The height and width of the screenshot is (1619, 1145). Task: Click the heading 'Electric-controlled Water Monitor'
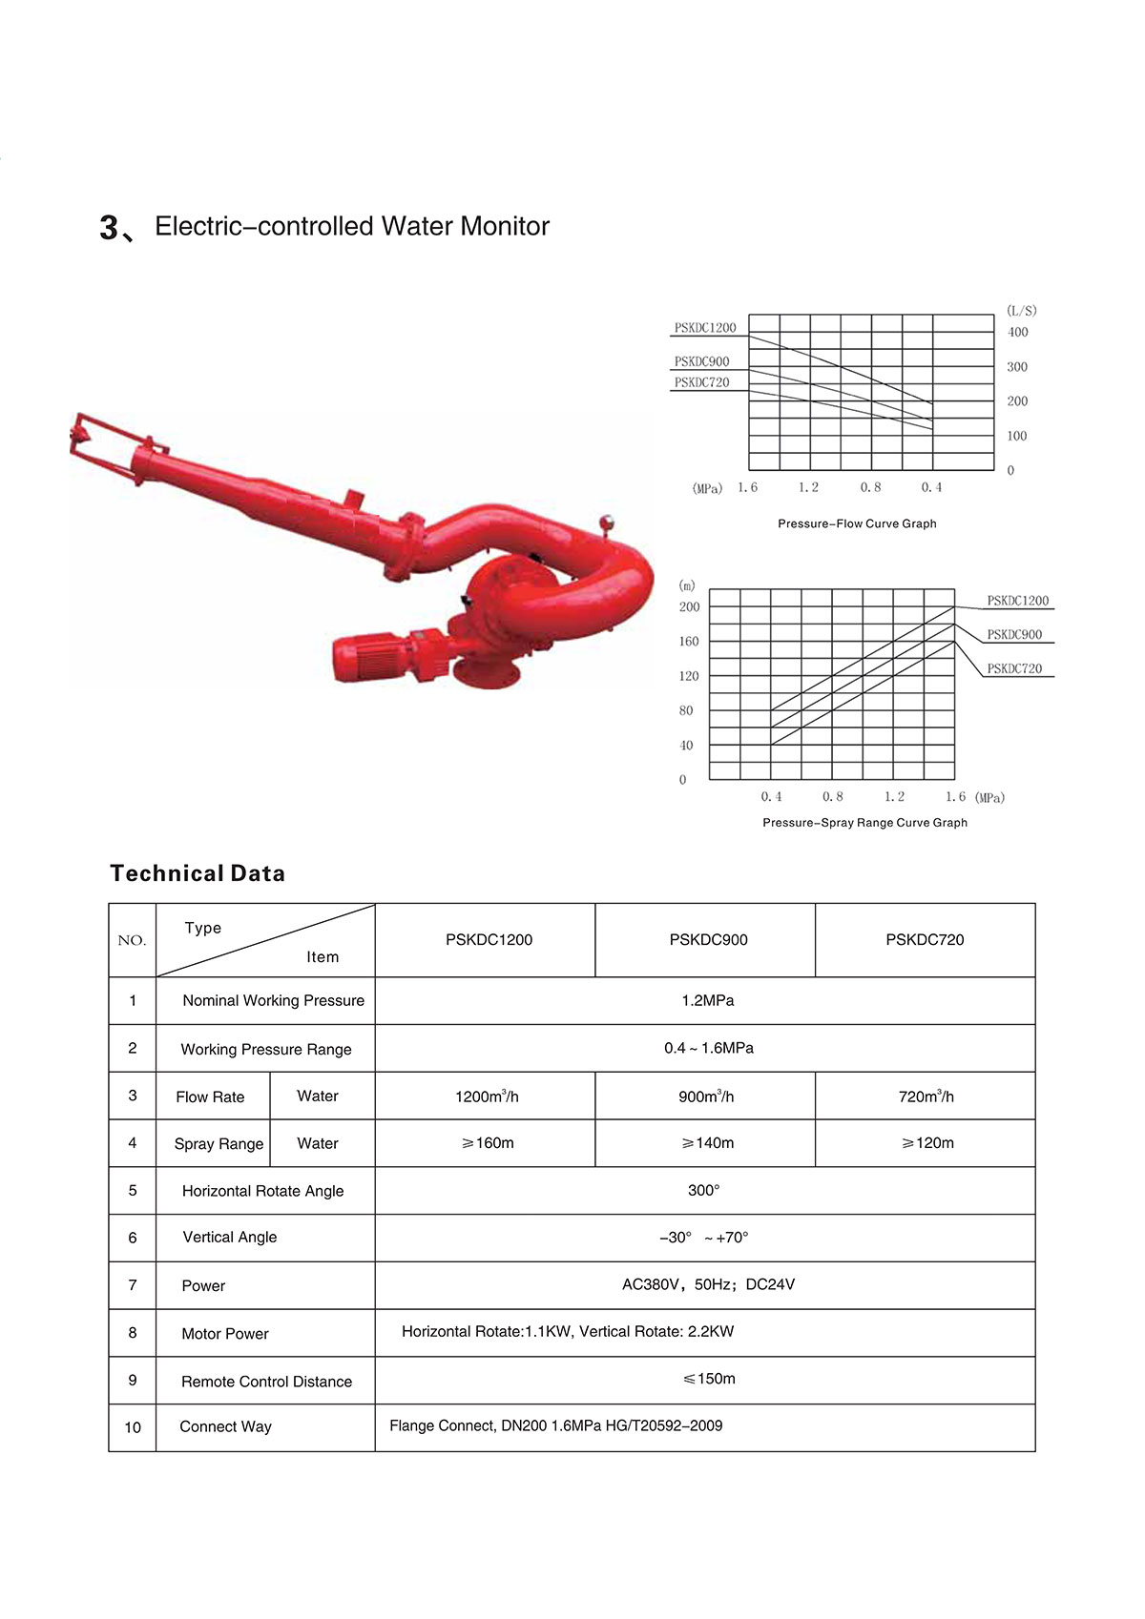tap(351, 227)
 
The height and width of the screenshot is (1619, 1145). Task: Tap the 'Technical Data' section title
tap(198, 873)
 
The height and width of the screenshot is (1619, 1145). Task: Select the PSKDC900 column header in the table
tap(708, 940)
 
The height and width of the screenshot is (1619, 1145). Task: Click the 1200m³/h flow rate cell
tap(487, 1096)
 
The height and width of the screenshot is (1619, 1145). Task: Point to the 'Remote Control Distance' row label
tap(266, 1382)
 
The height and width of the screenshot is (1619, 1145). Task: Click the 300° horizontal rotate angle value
tap(704, 1191)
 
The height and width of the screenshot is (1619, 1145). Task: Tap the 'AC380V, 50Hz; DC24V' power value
tap(708, 1285)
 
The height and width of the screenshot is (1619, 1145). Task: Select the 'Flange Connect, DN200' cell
tap(555, 1426)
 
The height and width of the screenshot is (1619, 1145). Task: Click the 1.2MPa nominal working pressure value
tap(707, 1001)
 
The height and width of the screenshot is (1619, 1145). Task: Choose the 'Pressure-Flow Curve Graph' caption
tap(857, 523)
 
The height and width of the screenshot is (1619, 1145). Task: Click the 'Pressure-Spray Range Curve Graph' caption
tap(864, 823)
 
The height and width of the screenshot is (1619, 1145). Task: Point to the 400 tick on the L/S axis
tap(1018, 333)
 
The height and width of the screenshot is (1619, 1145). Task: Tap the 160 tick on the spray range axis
tap(689, 642)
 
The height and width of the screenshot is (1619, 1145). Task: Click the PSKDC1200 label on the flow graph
tap(705, 328)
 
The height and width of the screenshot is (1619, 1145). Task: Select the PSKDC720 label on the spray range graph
tap(1014, 669)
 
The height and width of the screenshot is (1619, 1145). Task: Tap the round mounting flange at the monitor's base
tap(487, 672)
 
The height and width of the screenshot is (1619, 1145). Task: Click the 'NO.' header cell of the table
tap(132, 941)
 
